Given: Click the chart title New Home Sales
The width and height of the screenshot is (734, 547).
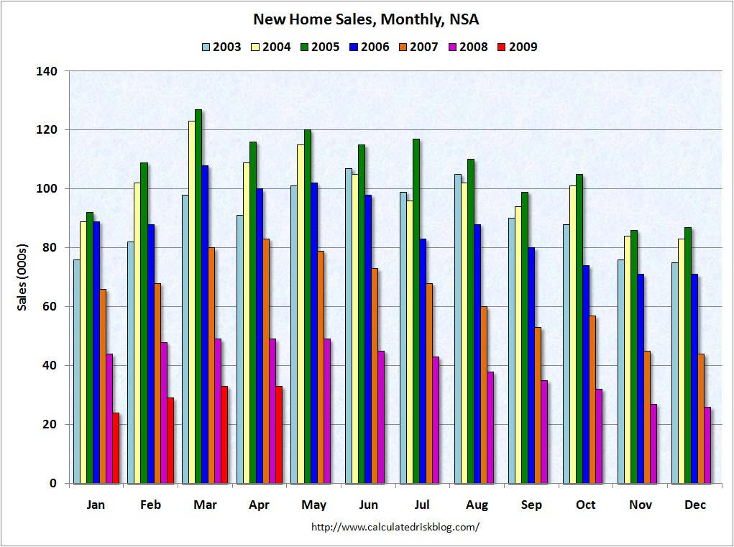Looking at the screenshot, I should [366, 19].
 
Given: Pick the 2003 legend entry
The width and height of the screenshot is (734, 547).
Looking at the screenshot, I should [224, 47].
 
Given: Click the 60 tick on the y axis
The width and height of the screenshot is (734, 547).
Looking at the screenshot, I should [50, 307].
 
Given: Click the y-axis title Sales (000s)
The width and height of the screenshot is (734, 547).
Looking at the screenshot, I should [22, 277].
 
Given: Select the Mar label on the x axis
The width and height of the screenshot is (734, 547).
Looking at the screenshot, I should [205, 505].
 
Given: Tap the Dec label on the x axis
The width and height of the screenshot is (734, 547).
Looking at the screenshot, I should [695, 505].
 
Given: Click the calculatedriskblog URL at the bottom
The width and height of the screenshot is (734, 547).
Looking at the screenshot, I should [395, 527].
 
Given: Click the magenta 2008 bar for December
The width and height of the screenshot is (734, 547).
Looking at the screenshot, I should [707, 445].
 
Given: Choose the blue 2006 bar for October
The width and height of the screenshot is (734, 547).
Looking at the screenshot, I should [586, 374].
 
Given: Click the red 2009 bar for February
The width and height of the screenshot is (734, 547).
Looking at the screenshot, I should [170, 441].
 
